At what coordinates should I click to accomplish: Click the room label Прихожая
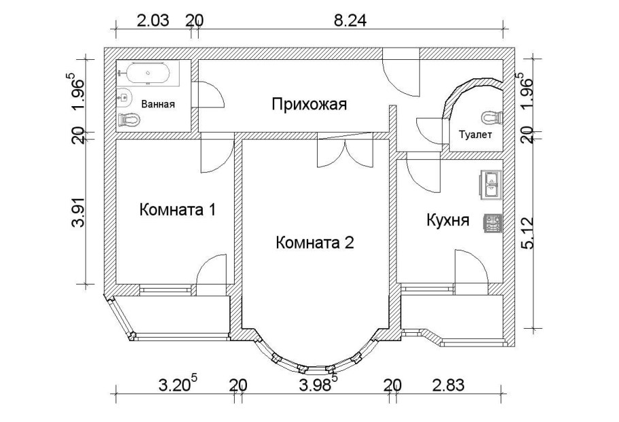click(x=309, y=104)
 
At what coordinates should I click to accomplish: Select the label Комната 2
click(x=315, y=242)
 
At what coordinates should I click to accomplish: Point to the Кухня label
click(x=448, y=220)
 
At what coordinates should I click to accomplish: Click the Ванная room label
click(x=158, y=104)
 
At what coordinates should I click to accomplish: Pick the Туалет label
click(x=475, y=135)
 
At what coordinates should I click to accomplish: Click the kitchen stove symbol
click(x=492, y=223)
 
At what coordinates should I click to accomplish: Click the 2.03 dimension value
click(x=153, y=20)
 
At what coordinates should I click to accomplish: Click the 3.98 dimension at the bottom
click(x=314, y=385)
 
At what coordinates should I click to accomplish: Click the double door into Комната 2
click(x=346, y=152)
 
